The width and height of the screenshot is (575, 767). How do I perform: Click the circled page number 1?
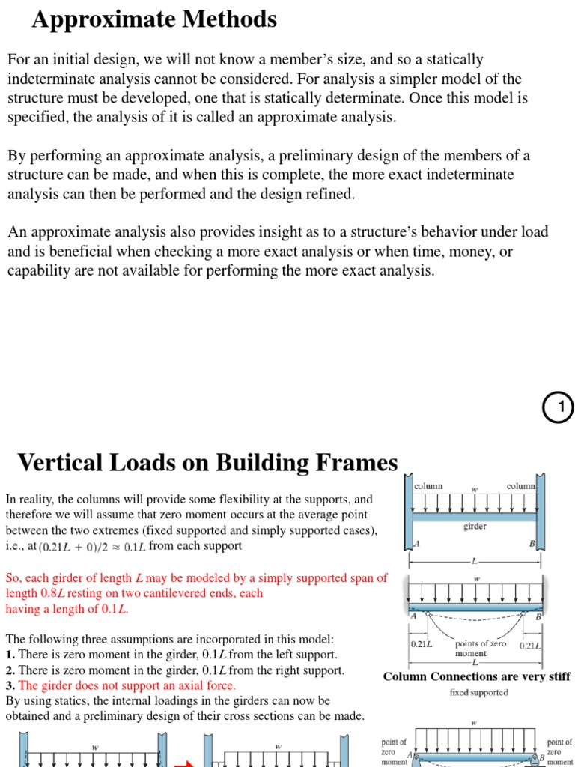pyautogui.click(x=558, y=407)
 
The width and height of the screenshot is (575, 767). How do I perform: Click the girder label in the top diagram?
pyautogui.click(x=475, y=527)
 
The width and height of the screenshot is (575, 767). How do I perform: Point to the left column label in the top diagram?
pyautogui.click(x=428, y=486)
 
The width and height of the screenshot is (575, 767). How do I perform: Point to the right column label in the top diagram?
pyautogui.click(x=520, y=486)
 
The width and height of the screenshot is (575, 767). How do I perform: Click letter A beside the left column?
pyautogui.click(x=417, y=545)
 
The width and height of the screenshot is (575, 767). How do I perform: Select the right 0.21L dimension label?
pyautogui.click(x=530, y=644)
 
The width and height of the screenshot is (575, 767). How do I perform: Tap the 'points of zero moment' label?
pyautogui.click(x=481, y=649)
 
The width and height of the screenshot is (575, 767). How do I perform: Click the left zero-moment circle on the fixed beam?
pyautogui.click(x=428, y=611)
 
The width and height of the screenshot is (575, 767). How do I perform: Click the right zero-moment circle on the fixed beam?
pyautogui.click(x=524, y=611)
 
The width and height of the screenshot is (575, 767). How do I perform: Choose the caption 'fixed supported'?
pyautogui.click(x=478, y=692)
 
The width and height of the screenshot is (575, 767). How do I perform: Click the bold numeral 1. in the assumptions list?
pyautogui.click(x=10, y=655)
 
